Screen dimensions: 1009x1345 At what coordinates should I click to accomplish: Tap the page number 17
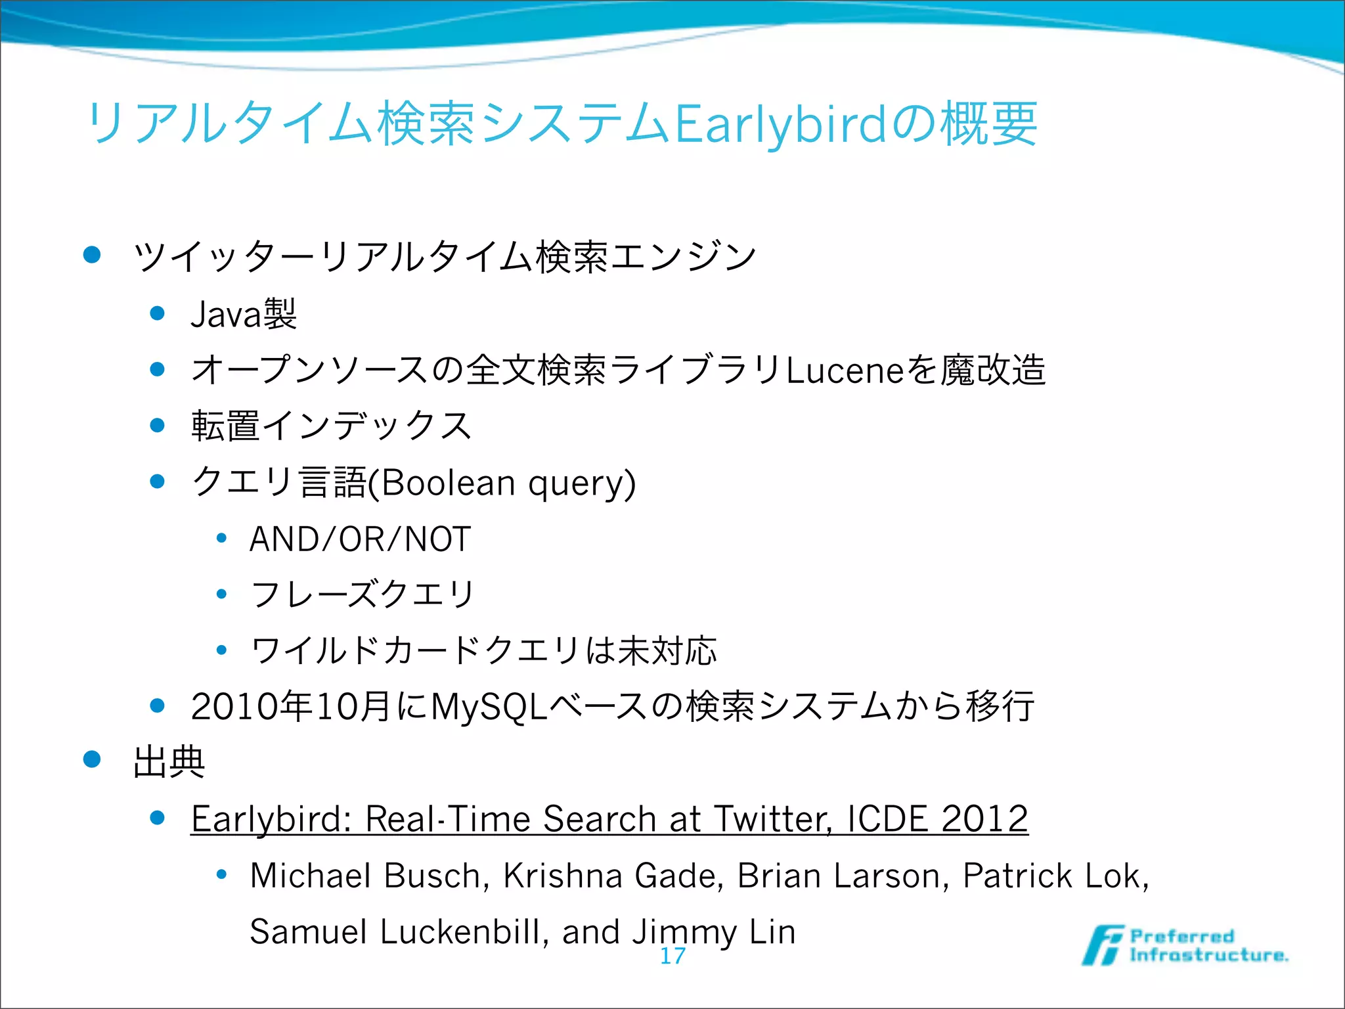672,956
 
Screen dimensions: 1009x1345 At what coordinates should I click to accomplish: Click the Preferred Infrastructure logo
1186,946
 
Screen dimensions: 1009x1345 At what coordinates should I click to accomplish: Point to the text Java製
244,314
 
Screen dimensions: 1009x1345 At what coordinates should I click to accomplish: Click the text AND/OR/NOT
361,539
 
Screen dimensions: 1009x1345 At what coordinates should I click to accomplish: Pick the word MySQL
489,707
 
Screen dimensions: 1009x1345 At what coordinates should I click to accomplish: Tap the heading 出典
169,762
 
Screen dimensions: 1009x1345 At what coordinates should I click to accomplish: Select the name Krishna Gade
613,876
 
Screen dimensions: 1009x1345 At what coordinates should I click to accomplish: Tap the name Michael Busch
370,876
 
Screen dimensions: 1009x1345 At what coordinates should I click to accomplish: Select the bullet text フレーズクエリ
363,595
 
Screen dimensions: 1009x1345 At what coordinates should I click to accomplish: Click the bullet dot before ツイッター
92,255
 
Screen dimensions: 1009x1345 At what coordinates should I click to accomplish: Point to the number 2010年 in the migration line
252,707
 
